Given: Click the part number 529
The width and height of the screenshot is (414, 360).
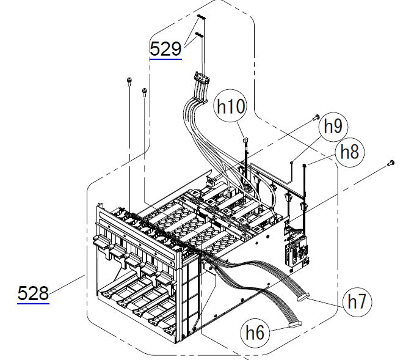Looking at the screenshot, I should pos(165,48).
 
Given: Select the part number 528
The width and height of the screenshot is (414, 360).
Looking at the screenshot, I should pos(33,293).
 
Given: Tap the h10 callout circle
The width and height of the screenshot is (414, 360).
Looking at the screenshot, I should pos(230,107).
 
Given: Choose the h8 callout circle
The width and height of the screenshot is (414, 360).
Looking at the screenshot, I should pos(349,152).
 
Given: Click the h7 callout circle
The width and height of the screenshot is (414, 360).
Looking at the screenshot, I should pos(357,301).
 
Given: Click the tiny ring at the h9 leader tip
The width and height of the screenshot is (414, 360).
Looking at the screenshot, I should pos(293,162).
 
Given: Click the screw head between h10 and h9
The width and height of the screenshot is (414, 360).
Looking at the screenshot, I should pos(316,116).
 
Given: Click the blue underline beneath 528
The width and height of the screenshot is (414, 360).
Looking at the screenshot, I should pos(33,302).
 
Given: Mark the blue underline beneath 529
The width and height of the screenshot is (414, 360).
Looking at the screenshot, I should pos(165,58).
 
